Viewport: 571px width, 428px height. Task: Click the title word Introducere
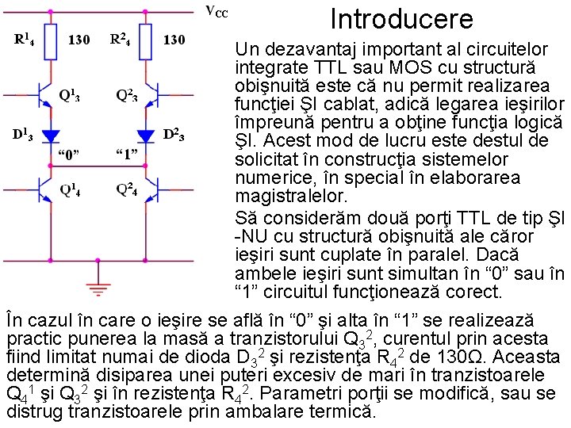click(x=401, y=18)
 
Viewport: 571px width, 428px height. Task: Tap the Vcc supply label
click(x=217, y=12)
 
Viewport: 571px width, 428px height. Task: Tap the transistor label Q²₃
click(x=127, y=95)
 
